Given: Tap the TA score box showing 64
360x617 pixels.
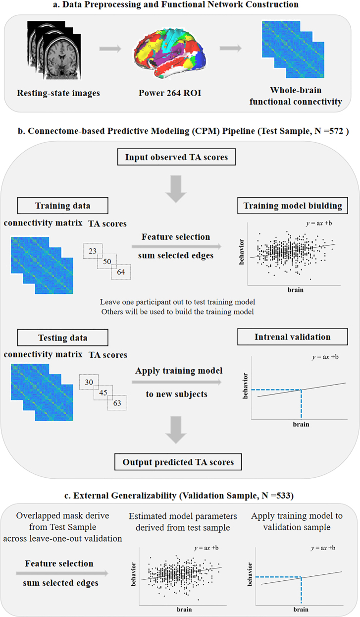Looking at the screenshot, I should click(x=121, y=272).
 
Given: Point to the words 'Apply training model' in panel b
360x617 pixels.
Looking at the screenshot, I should click(x=176, y=371).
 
